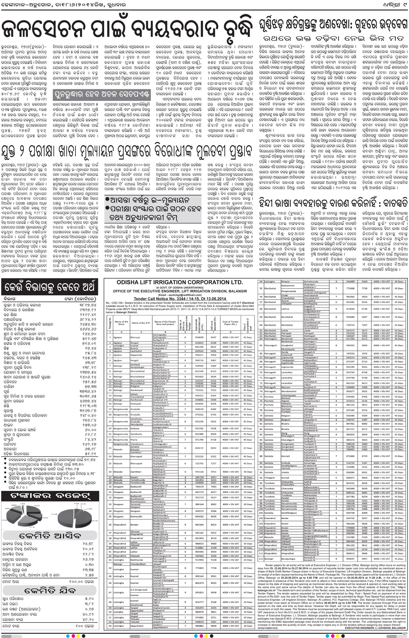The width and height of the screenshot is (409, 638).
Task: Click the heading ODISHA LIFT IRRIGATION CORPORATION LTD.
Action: click(180, 282)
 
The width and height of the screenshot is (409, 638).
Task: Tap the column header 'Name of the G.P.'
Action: click(141, 323)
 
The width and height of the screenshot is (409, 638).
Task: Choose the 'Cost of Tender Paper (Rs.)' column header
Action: click(230, 323)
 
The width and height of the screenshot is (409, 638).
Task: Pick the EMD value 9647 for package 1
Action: click(213, 337)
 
